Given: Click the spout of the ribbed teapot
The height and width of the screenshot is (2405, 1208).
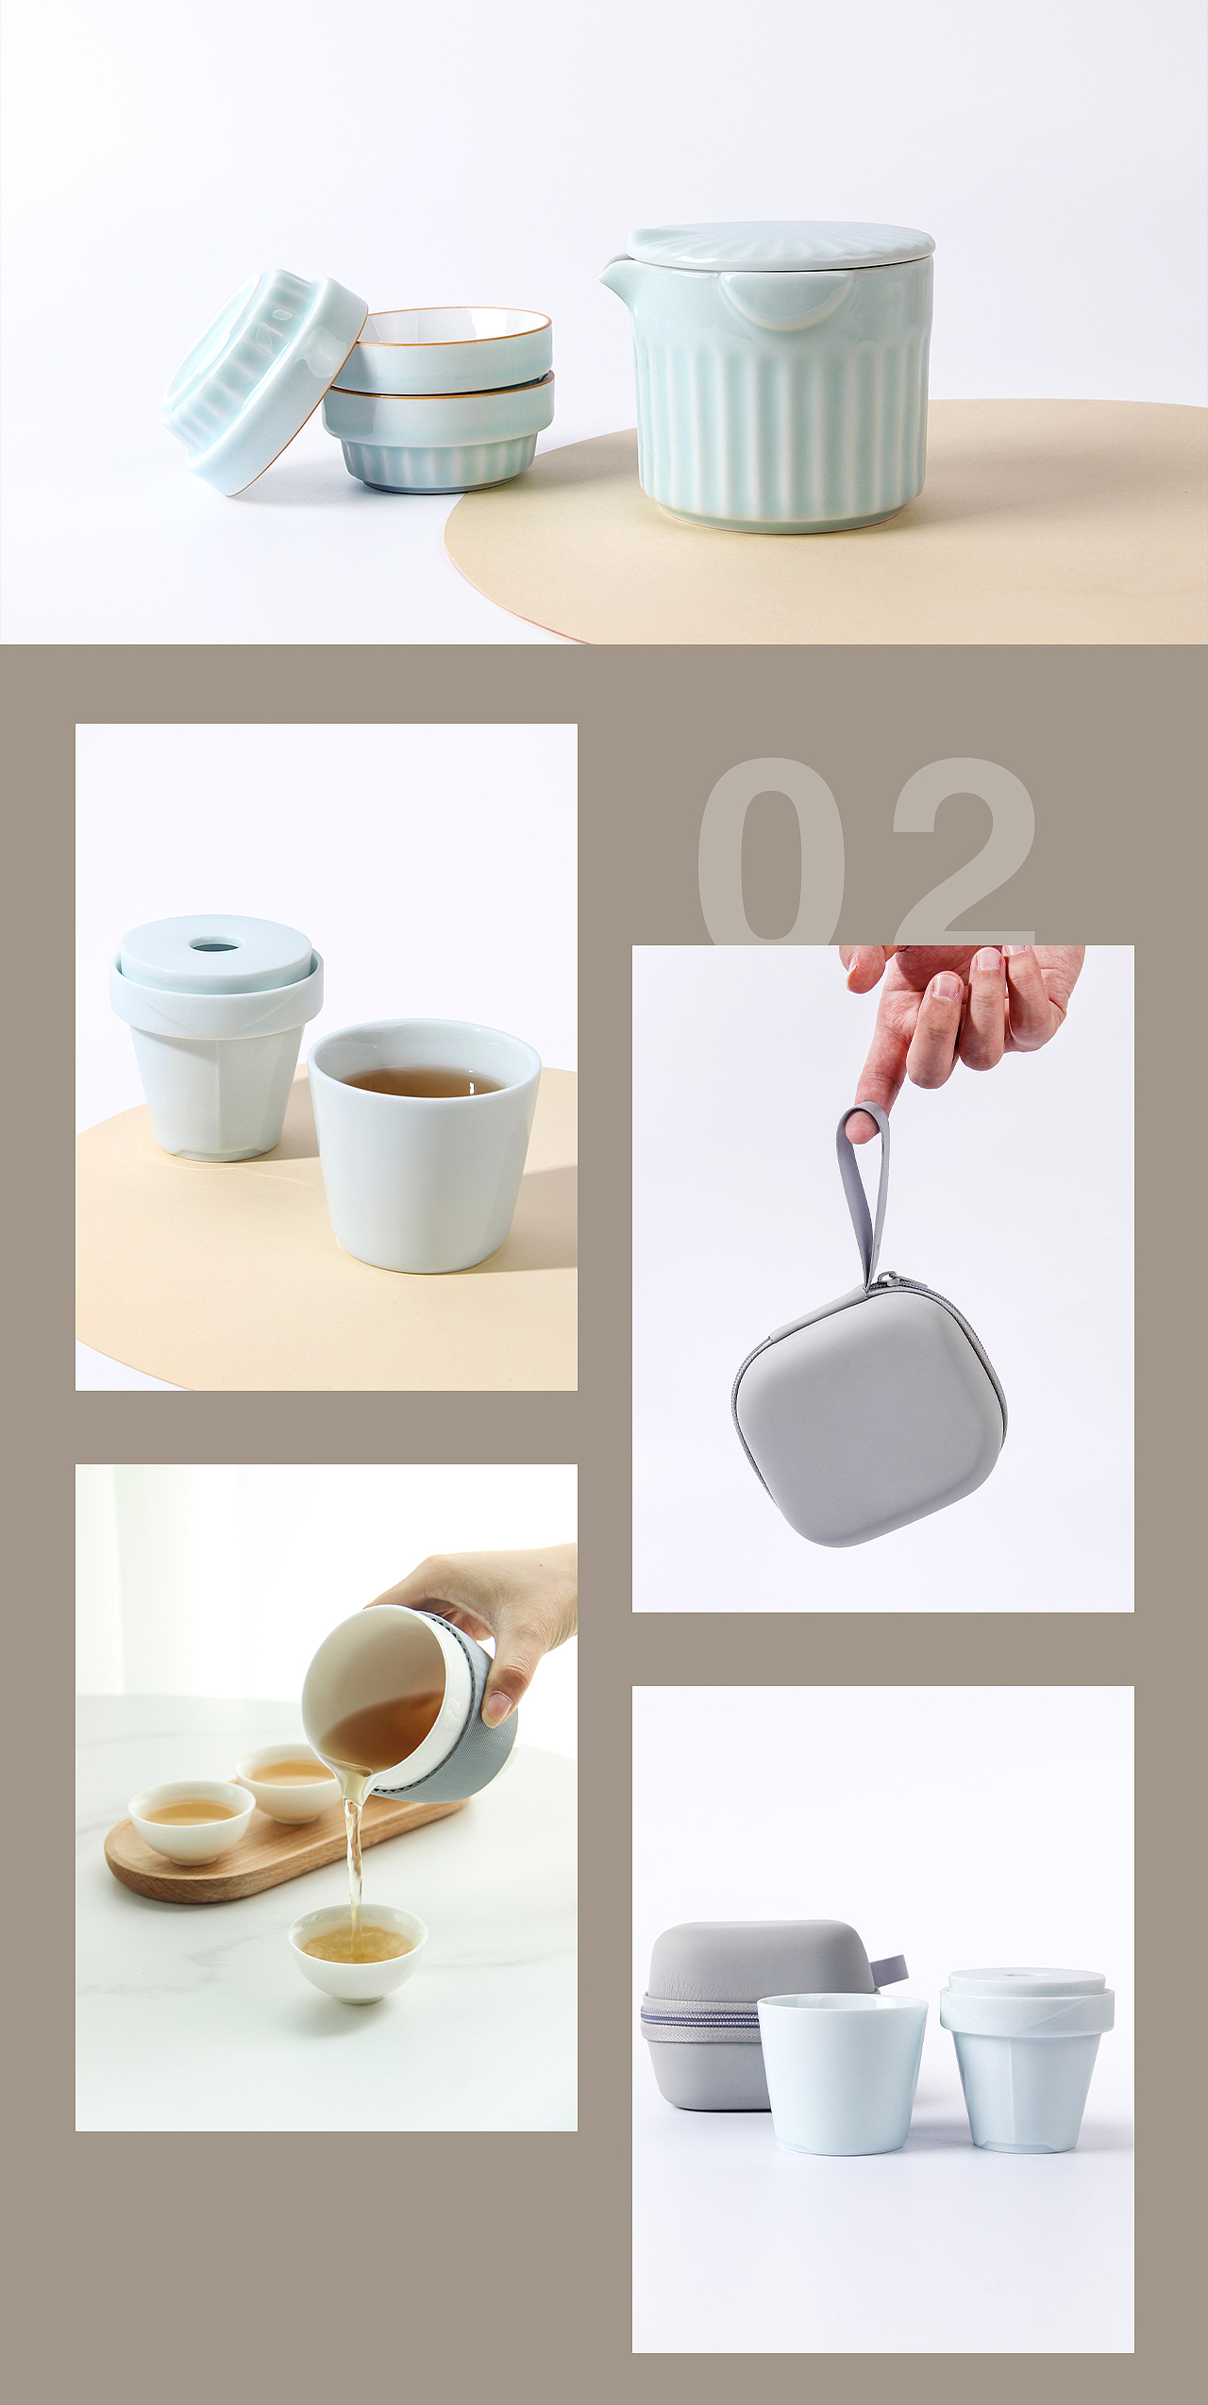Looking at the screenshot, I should [x=612, y=274].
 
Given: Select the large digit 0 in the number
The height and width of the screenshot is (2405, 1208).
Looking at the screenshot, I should [x=772, y=849].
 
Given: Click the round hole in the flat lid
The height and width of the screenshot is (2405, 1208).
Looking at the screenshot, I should [x=215, y=943].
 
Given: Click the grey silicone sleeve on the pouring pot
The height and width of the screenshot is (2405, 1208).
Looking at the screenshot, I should [x=481, y=1741].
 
